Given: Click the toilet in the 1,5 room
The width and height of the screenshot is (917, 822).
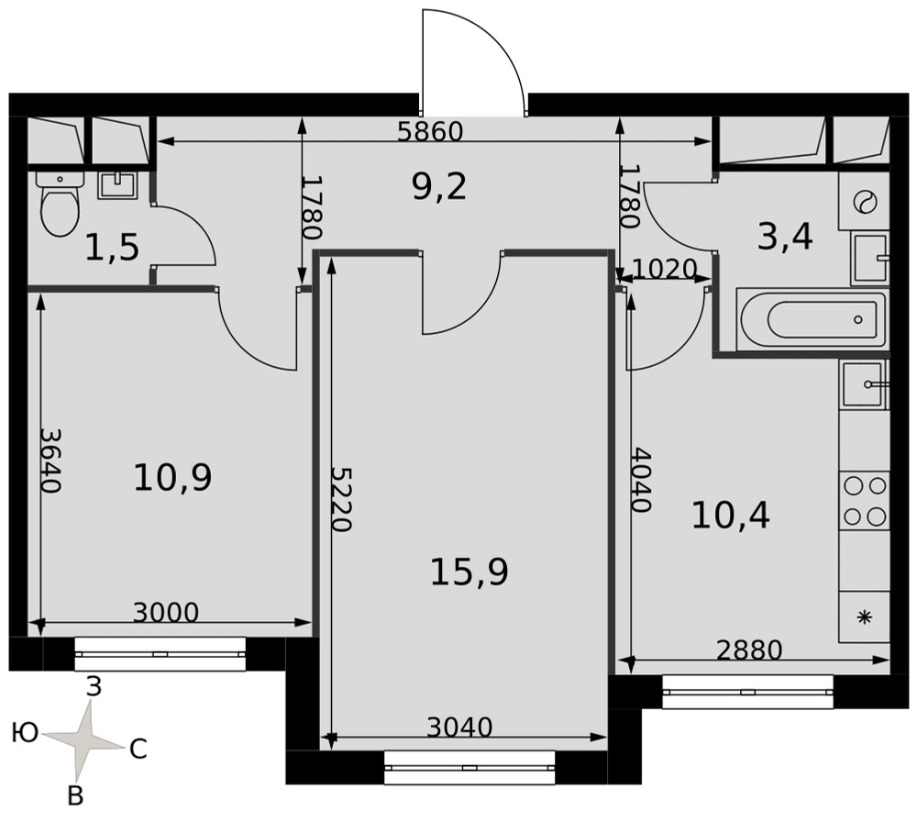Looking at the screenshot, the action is [x=60, y=204].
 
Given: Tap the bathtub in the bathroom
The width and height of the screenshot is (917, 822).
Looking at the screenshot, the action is [x=812, y=319].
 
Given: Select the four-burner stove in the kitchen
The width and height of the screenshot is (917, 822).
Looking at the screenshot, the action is [x=865, y=502].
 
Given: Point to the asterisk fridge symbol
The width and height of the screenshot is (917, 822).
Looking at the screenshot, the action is [x=865, y=617].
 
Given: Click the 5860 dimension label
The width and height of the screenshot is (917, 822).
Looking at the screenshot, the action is [x=430, y=131].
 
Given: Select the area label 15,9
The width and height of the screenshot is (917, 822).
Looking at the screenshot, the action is [x=469, y=572].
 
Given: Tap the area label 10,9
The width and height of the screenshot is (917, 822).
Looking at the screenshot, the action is [x=172, y=477].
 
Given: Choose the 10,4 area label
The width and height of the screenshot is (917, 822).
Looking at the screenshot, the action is [x=731, y=516].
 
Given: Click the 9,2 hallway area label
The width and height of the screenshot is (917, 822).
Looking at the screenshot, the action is [x=439, y=187].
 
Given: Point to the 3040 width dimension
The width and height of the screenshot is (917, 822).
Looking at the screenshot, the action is [x=459, y=728].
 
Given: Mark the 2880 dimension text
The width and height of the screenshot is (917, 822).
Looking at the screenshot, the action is [x=749, y=650].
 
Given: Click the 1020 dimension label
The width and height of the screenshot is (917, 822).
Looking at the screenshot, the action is [x=665, y=269].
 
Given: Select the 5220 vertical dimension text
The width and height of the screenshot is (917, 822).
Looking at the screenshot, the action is [x=341, y=499].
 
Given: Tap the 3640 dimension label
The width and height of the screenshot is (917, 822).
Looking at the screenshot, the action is [x=50, y=461].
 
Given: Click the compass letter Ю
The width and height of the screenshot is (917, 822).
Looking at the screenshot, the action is [x=25, y=732].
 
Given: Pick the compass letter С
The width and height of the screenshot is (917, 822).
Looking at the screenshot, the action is [x=138, y=749].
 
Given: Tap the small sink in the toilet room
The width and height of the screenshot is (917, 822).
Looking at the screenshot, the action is [x=117, y=185].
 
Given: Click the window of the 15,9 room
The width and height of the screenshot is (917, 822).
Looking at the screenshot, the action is [x=470, y=768].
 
